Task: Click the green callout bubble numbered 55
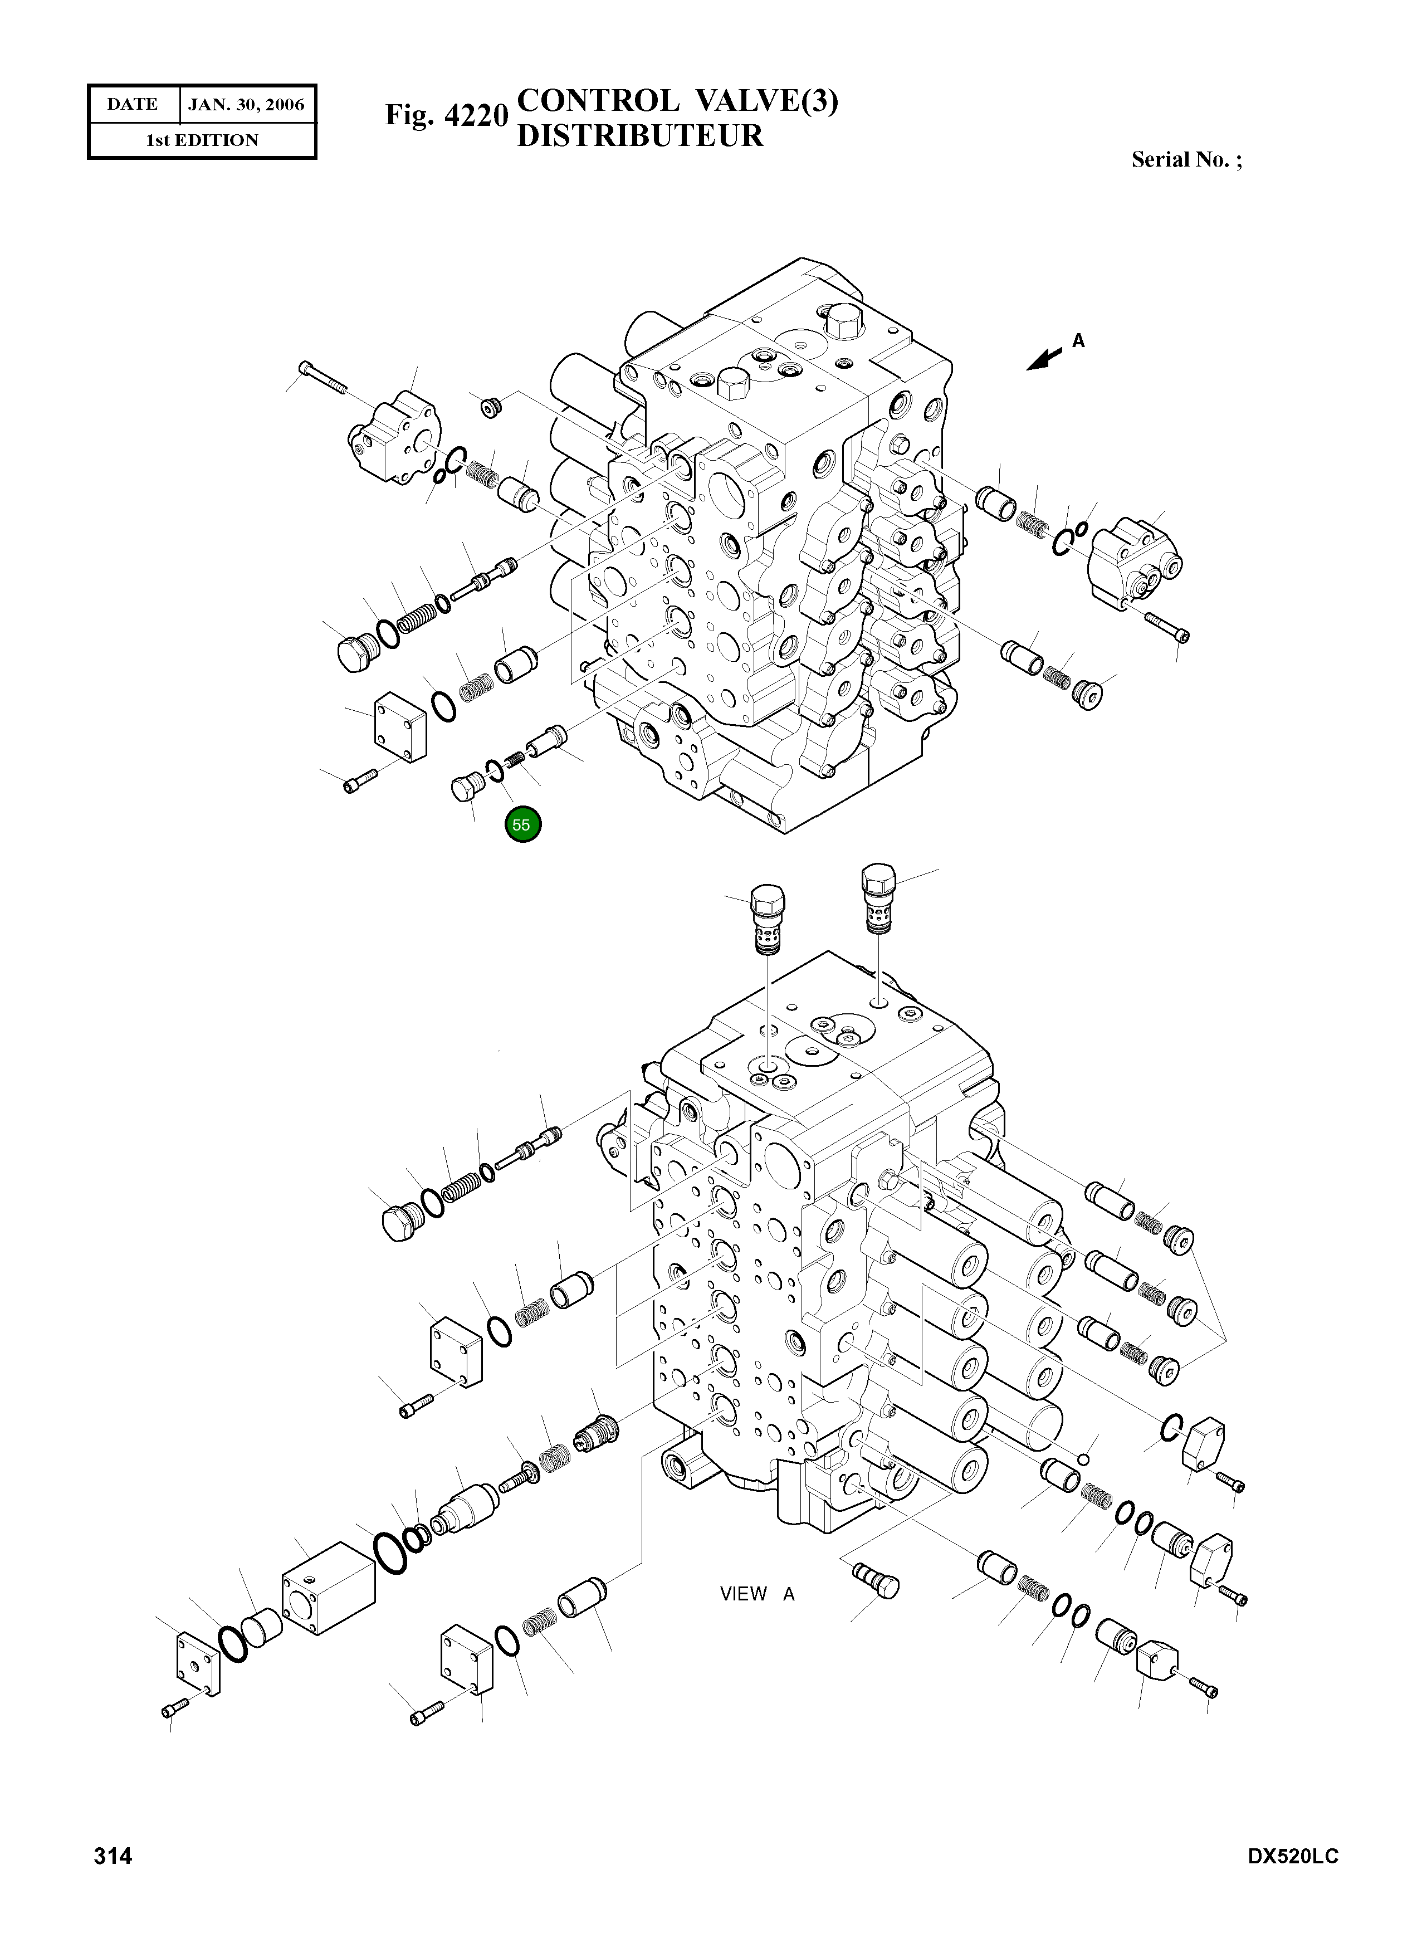pos(522,824)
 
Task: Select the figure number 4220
pos(476,115)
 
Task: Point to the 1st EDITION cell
pos(202,140)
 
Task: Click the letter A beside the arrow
pos(1078,341)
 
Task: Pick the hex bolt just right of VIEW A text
pos(876,1580)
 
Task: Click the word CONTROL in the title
pos(598,101)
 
